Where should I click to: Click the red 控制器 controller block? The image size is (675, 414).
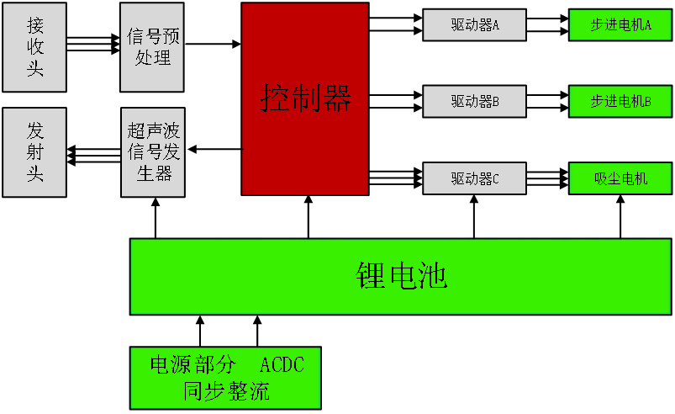click(x=305, y=98)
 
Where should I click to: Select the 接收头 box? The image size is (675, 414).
click(x=34, y=47)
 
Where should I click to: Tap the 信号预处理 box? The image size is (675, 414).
click(x=152, y=47)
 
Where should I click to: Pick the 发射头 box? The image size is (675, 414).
click(x=34, y=152)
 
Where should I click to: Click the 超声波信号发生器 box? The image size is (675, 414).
click(x=153, y=152)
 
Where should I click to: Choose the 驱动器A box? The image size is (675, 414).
click(x=474, y=25)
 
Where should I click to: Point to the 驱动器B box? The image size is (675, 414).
click(x=474, y=101)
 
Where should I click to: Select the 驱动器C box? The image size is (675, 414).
click(x=474, y=178)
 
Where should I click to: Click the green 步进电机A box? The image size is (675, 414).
click(x=620, y=25)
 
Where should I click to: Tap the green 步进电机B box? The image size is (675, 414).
click(x=620, y=101)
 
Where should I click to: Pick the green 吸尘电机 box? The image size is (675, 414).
click(x=620, y=178)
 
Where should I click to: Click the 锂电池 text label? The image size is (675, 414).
click(x=401, y=276)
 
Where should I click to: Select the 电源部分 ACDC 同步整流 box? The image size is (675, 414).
click(x=225, y=378)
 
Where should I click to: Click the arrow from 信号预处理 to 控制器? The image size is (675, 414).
click(x=213, y=44)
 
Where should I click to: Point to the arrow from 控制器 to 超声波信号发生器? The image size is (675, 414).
click(x=215, y=149)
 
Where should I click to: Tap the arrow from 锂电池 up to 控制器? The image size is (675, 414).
click(x=308, y=217)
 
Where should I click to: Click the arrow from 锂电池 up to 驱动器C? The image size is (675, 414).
click(x=474, y=217)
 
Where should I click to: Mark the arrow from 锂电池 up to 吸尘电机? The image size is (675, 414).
click(x=620, y=217)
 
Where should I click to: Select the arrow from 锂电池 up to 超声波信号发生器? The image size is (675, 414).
click(x=156, y=218)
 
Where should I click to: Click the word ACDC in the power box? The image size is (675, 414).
click(x=282, y=364)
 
